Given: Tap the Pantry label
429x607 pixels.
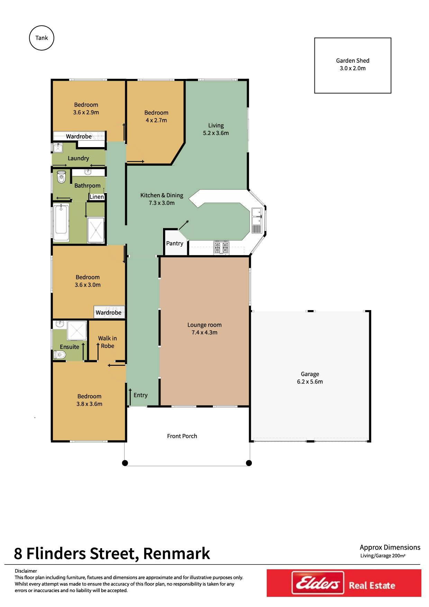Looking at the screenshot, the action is click(x=175, y=243).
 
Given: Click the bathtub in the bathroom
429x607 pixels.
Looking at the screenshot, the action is click(x=62, y=222).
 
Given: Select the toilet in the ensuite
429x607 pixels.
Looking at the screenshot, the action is click(x=60, y=355).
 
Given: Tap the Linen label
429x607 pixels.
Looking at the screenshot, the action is click(x=97, y=197).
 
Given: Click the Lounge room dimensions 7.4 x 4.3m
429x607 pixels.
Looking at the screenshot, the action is click(x=204, y=333).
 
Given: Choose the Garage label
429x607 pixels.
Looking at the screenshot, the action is click(x=310, y=374).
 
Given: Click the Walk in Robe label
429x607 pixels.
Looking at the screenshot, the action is click(x=107, y=342).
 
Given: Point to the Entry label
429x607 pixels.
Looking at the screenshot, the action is click(x=140, y=395).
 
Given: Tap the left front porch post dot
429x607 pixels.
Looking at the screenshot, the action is click(x=125, y=463).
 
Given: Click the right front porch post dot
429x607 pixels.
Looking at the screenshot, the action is click(x=249, y=463).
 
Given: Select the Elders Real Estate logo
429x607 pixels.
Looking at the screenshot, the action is click(x=344, y=583).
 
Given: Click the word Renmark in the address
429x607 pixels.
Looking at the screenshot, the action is click(x=176, y=553).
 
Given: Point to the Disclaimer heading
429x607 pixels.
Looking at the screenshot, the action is click(x=26, y=571).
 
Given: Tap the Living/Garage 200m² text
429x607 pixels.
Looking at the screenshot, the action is click(x=383, y=556).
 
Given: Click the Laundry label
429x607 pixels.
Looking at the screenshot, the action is click(x=78, y=158).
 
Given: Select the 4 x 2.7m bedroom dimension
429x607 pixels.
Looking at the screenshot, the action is click(x=156, y=120).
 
